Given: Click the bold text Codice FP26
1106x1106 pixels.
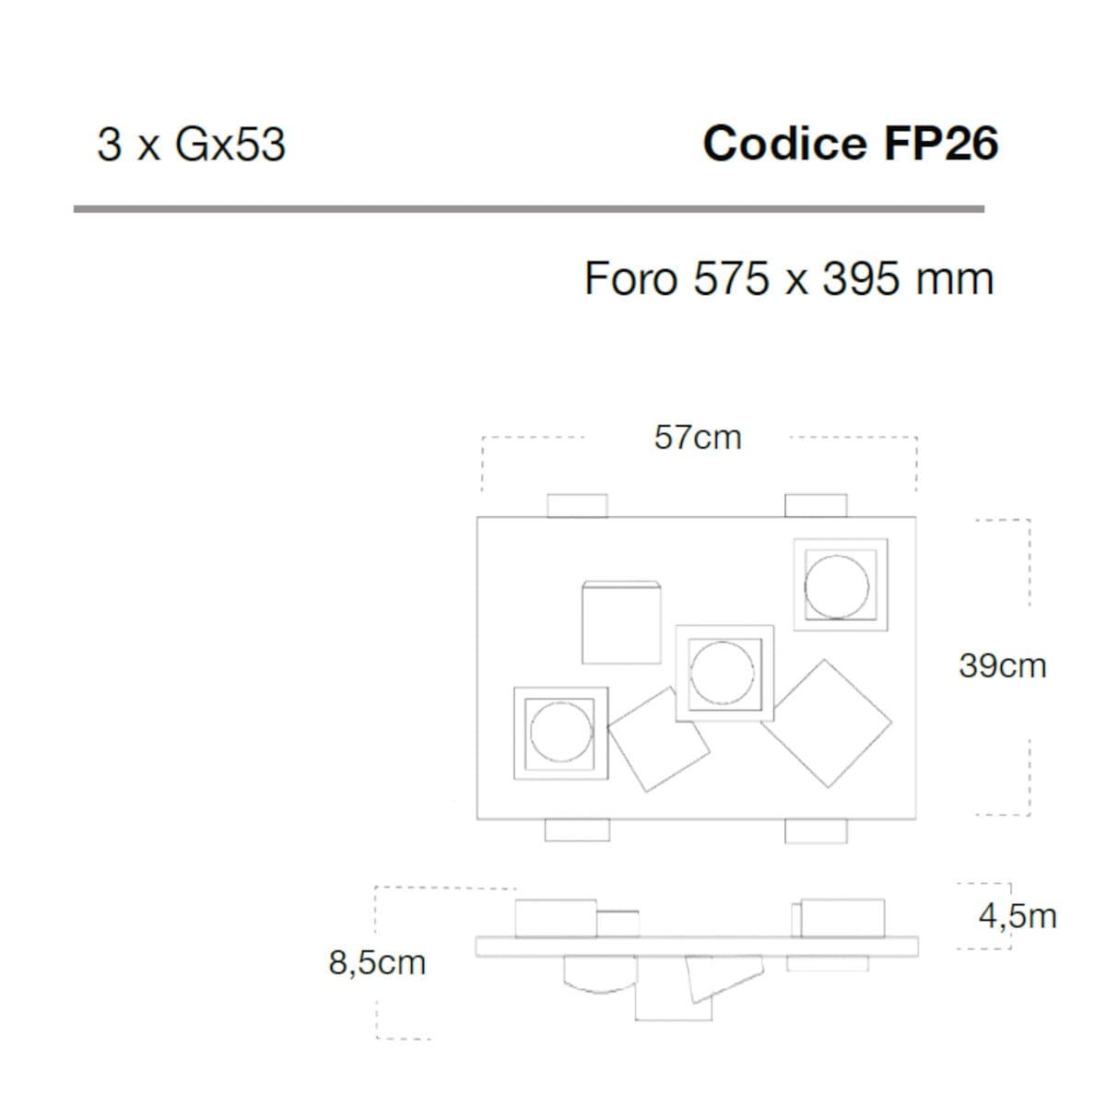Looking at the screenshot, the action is pos(851,144).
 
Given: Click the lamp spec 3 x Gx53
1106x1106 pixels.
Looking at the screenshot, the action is pos(192,145).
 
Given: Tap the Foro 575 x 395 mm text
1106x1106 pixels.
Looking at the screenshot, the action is pos(789,279).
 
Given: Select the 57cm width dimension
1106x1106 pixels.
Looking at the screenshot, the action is pos(698,438).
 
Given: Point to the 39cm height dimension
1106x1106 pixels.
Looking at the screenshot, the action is pos(1003,666).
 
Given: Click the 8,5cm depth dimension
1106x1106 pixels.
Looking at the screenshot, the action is pos(377,962).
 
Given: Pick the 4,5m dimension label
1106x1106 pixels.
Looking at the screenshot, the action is pos(1018,916).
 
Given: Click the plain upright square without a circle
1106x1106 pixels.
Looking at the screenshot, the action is pos(621,623).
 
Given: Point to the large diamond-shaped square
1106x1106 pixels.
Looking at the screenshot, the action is pos(827,724).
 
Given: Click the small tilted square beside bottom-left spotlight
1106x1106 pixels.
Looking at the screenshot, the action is pos(659,739).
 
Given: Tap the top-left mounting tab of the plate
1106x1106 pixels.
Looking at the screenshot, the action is pos(577,506).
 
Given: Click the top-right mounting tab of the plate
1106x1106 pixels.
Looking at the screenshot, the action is pos(816,506).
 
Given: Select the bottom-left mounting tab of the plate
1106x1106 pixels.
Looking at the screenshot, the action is pos(577,830).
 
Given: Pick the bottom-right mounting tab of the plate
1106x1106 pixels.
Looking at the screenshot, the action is pos(816,831).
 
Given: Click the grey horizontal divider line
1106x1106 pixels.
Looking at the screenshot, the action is pos(529,209).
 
